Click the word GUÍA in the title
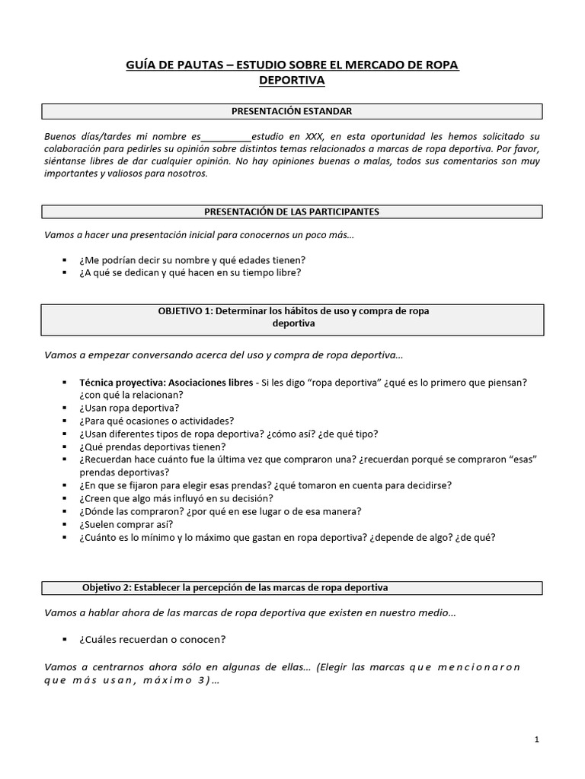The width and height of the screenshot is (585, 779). click(x=142, y=65)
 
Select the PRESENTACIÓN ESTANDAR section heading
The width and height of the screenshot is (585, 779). click(x=292, y=112)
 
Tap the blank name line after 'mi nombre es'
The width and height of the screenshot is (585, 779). click(x=226, y=136)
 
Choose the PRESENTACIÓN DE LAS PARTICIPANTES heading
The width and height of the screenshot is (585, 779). click(x=292, y=211)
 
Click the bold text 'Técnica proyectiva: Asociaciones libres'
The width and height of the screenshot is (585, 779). click(x=166, y=382)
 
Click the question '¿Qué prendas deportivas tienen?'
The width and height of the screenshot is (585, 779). click(x=152, y=447)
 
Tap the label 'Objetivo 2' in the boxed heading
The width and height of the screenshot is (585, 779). click(x=106, y=587)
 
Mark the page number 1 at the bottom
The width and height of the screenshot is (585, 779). click(x=537, y=739)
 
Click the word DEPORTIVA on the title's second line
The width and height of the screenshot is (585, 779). click(x=292, y=80)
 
